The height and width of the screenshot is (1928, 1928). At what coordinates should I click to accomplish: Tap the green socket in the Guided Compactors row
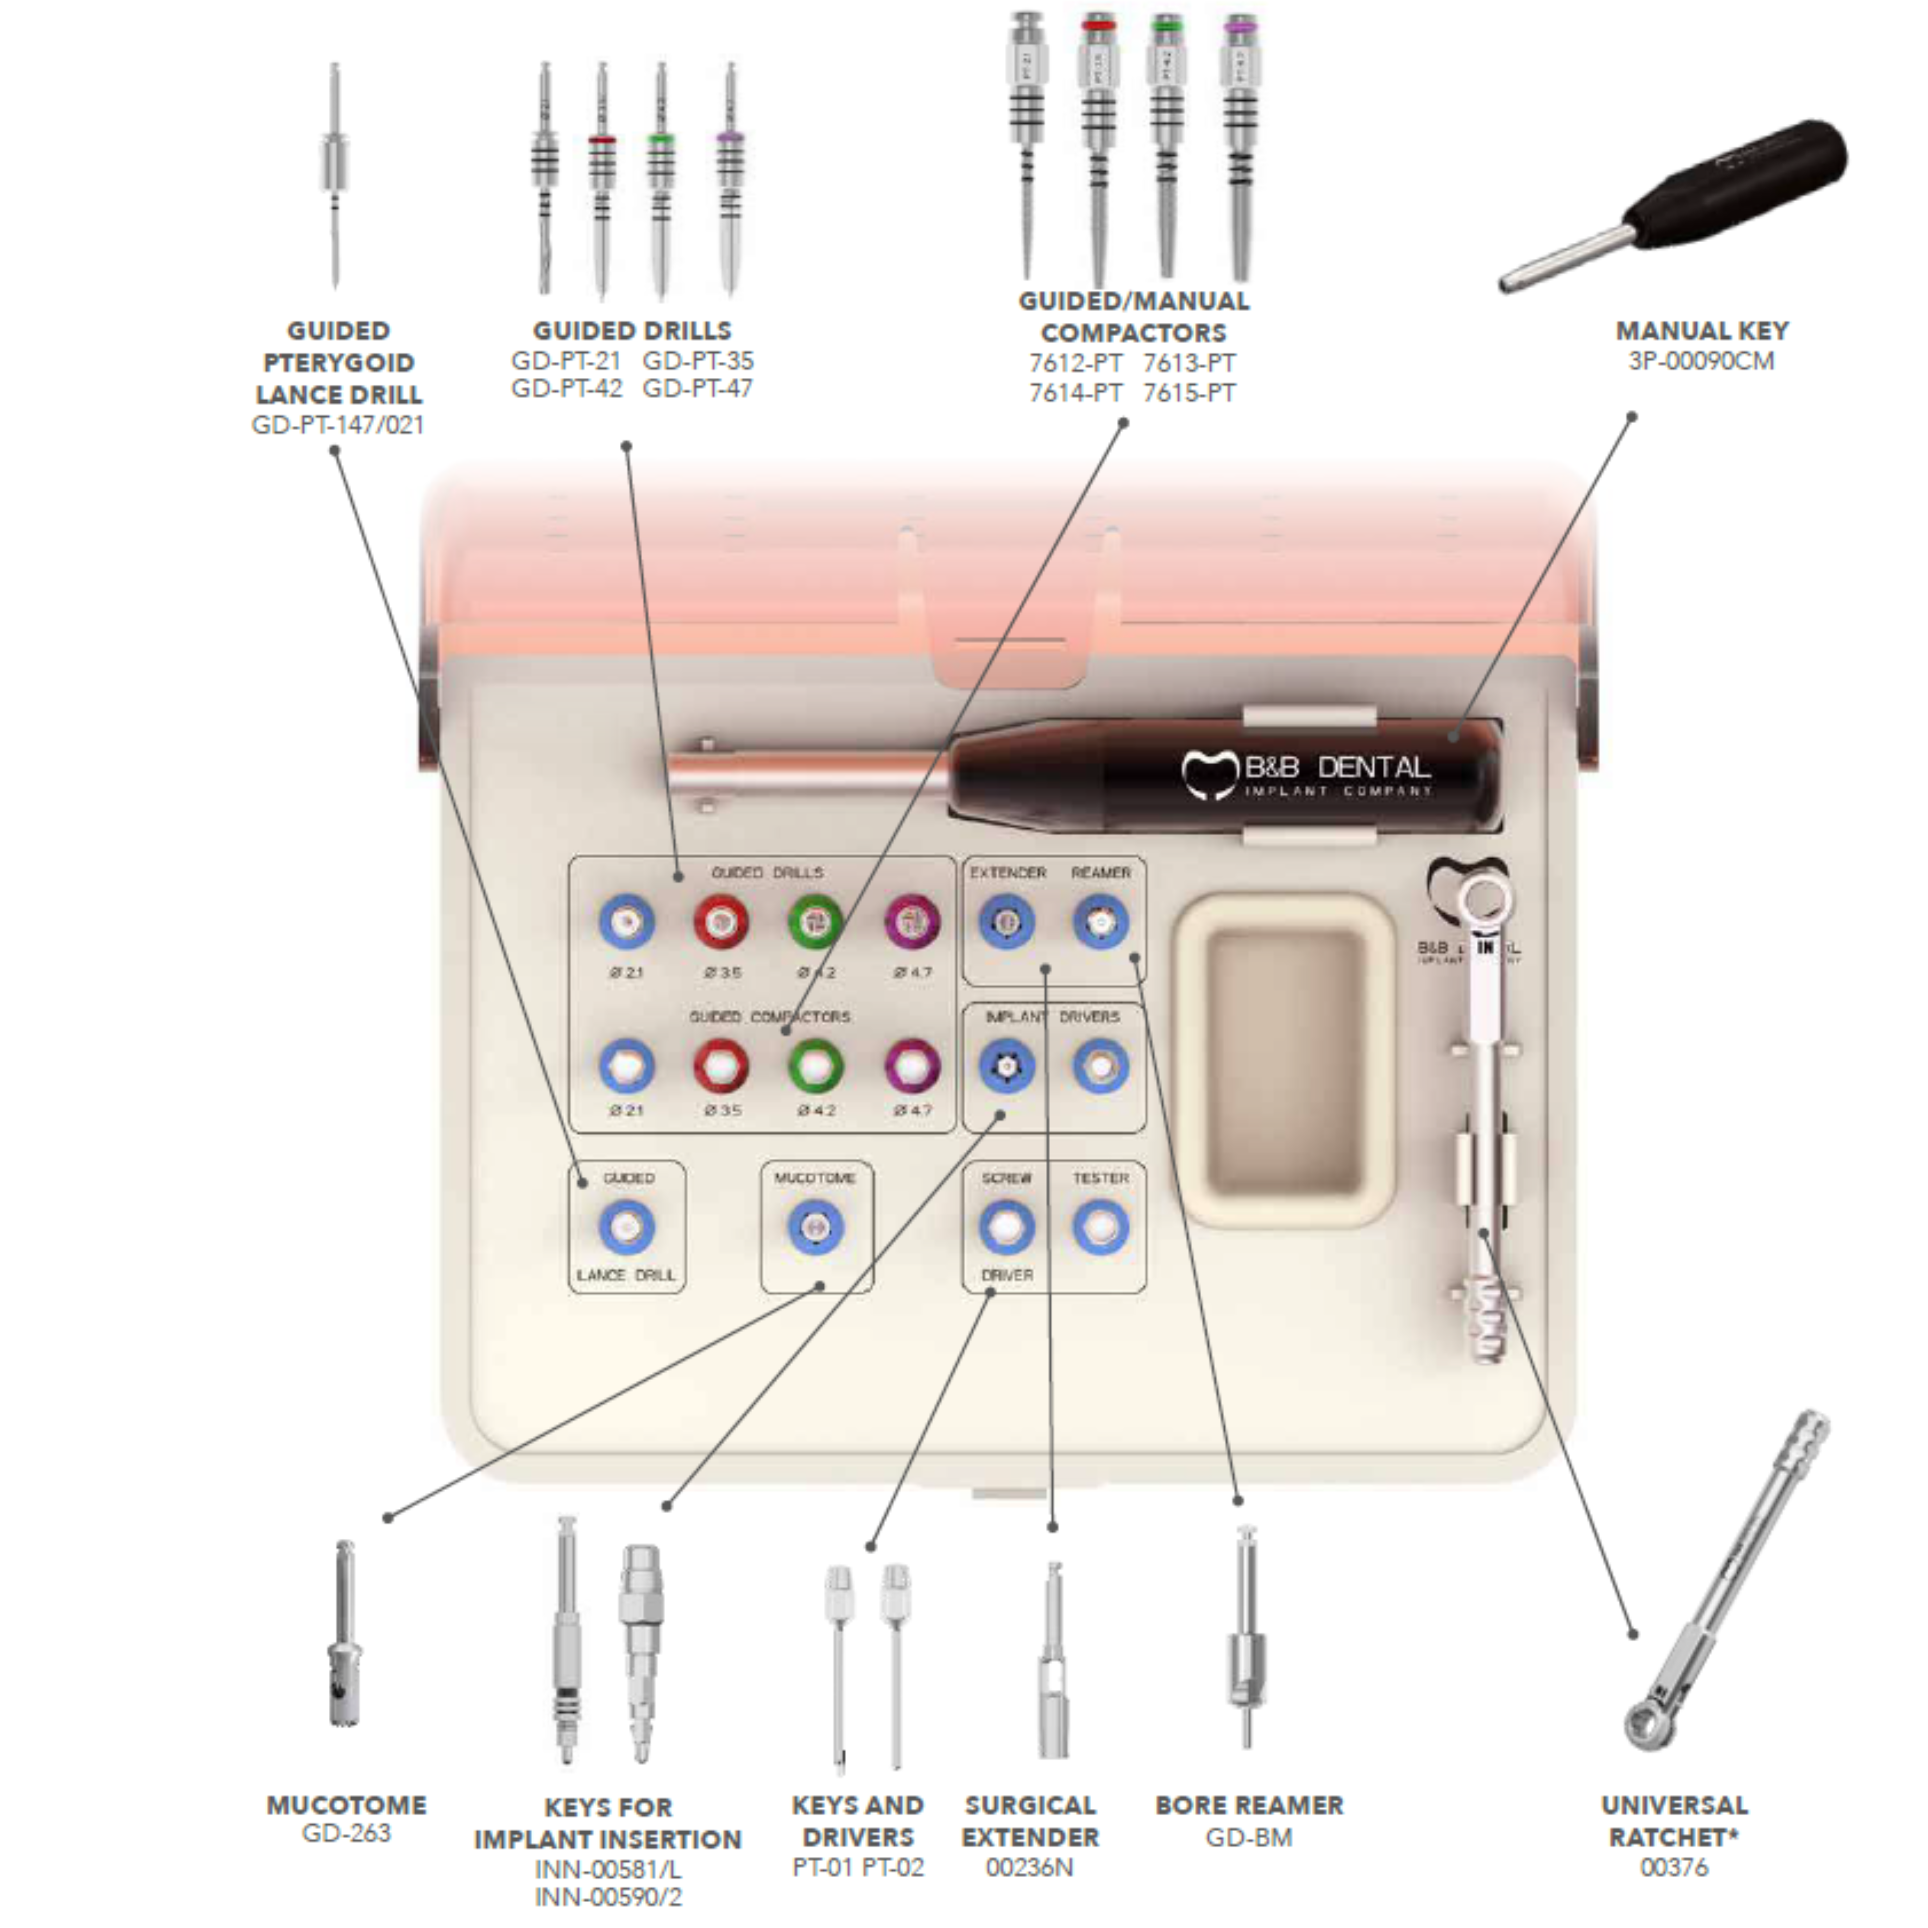point(816,1066)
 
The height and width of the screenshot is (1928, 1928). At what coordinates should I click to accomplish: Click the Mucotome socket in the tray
point(815,1226)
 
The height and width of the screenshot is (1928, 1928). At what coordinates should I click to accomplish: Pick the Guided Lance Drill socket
point(627,1226)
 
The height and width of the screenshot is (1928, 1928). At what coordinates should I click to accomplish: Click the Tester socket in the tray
point(1101,1226)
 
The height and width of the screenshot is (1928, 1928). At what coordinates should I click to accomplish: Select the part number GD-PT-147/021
point(338,425)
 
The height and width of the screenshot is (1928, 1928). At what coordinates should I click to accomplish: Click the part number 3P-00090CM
point(1701,361)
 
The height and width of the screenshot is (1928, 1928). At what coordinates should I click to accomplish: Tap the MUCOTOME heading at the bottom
point(346,1805)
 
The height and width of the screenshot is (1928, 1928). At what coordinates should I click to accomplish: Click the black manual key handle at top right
point(1736,190)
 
